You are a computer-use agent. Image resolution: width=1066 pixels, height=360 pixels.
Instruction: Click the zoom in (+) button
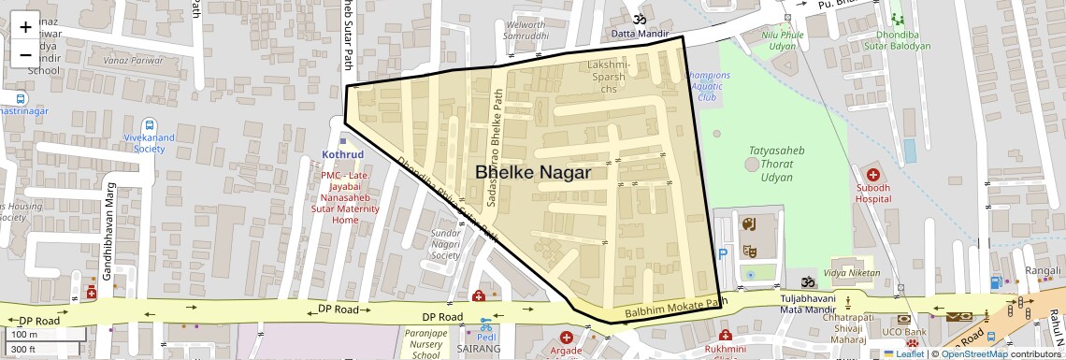(x=25, y=27)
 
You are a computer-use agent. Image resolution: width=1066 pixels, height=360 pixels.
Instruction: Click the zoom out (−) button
(x=25, y=55)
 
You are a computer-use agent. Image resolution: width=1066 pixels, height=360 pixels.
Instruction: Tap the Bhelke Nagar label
(x=533, y=172)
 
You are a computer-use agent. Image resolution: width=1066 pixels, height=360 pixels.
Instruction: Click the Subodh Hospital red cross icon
(x=873, y=175)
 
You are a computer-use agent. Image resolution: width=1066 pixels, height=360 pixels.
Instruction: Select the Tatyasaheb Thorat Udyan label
(x=776, y=164)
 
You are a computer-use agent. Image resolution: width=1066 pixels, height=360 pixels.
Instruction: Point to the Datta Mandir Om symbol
(x=641, y=19)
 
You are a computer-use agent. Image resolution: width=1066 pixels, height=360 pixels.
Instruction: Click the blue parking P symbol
(x=722, y=254)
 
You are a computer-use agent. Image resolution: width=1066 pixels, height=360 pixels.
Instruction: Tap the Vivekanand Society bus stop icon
(x=150, y=125)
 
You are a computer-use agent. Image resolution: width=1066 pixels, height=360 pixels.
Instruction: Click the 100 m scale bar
(x=47, y=334)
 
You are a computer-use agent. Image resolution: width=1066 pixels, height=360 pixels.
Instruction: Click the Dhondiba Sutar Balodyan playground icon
(x=898, y=20)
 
